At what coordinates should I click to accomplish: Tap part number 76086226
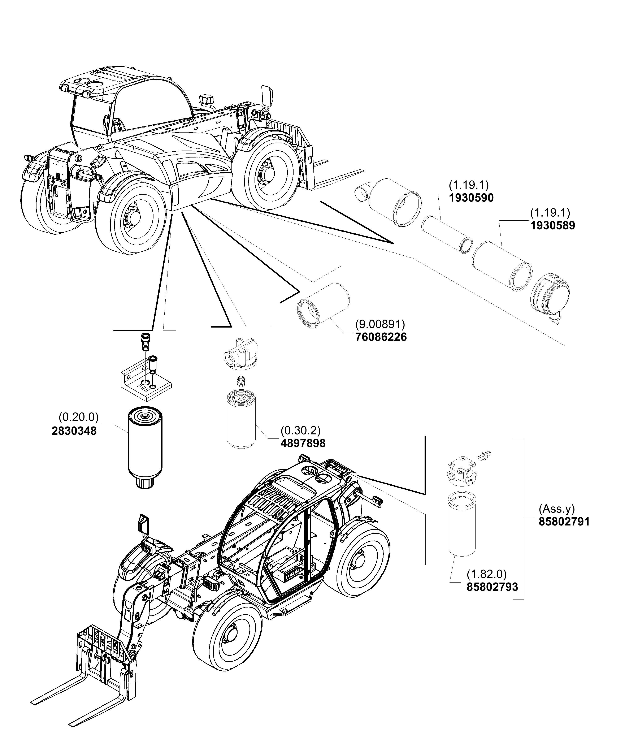(381, 337)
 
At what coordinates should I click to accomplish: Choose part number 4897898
(303, 443)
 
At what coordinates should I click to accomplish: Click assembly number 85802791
(564, 522)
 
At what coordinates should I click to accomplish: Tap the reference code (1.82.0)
(486, 574)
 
